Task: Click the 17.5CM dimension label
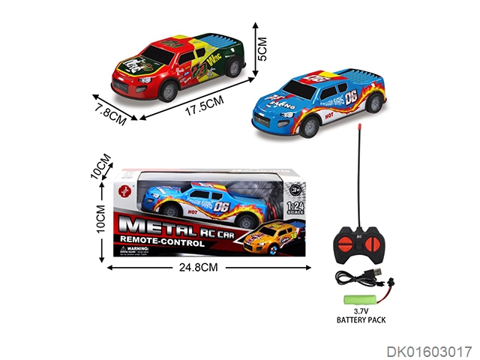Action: coord(205,107)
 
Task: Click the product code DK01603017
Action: coord(430,350)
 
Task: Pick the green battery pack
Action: coord(358,299)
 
